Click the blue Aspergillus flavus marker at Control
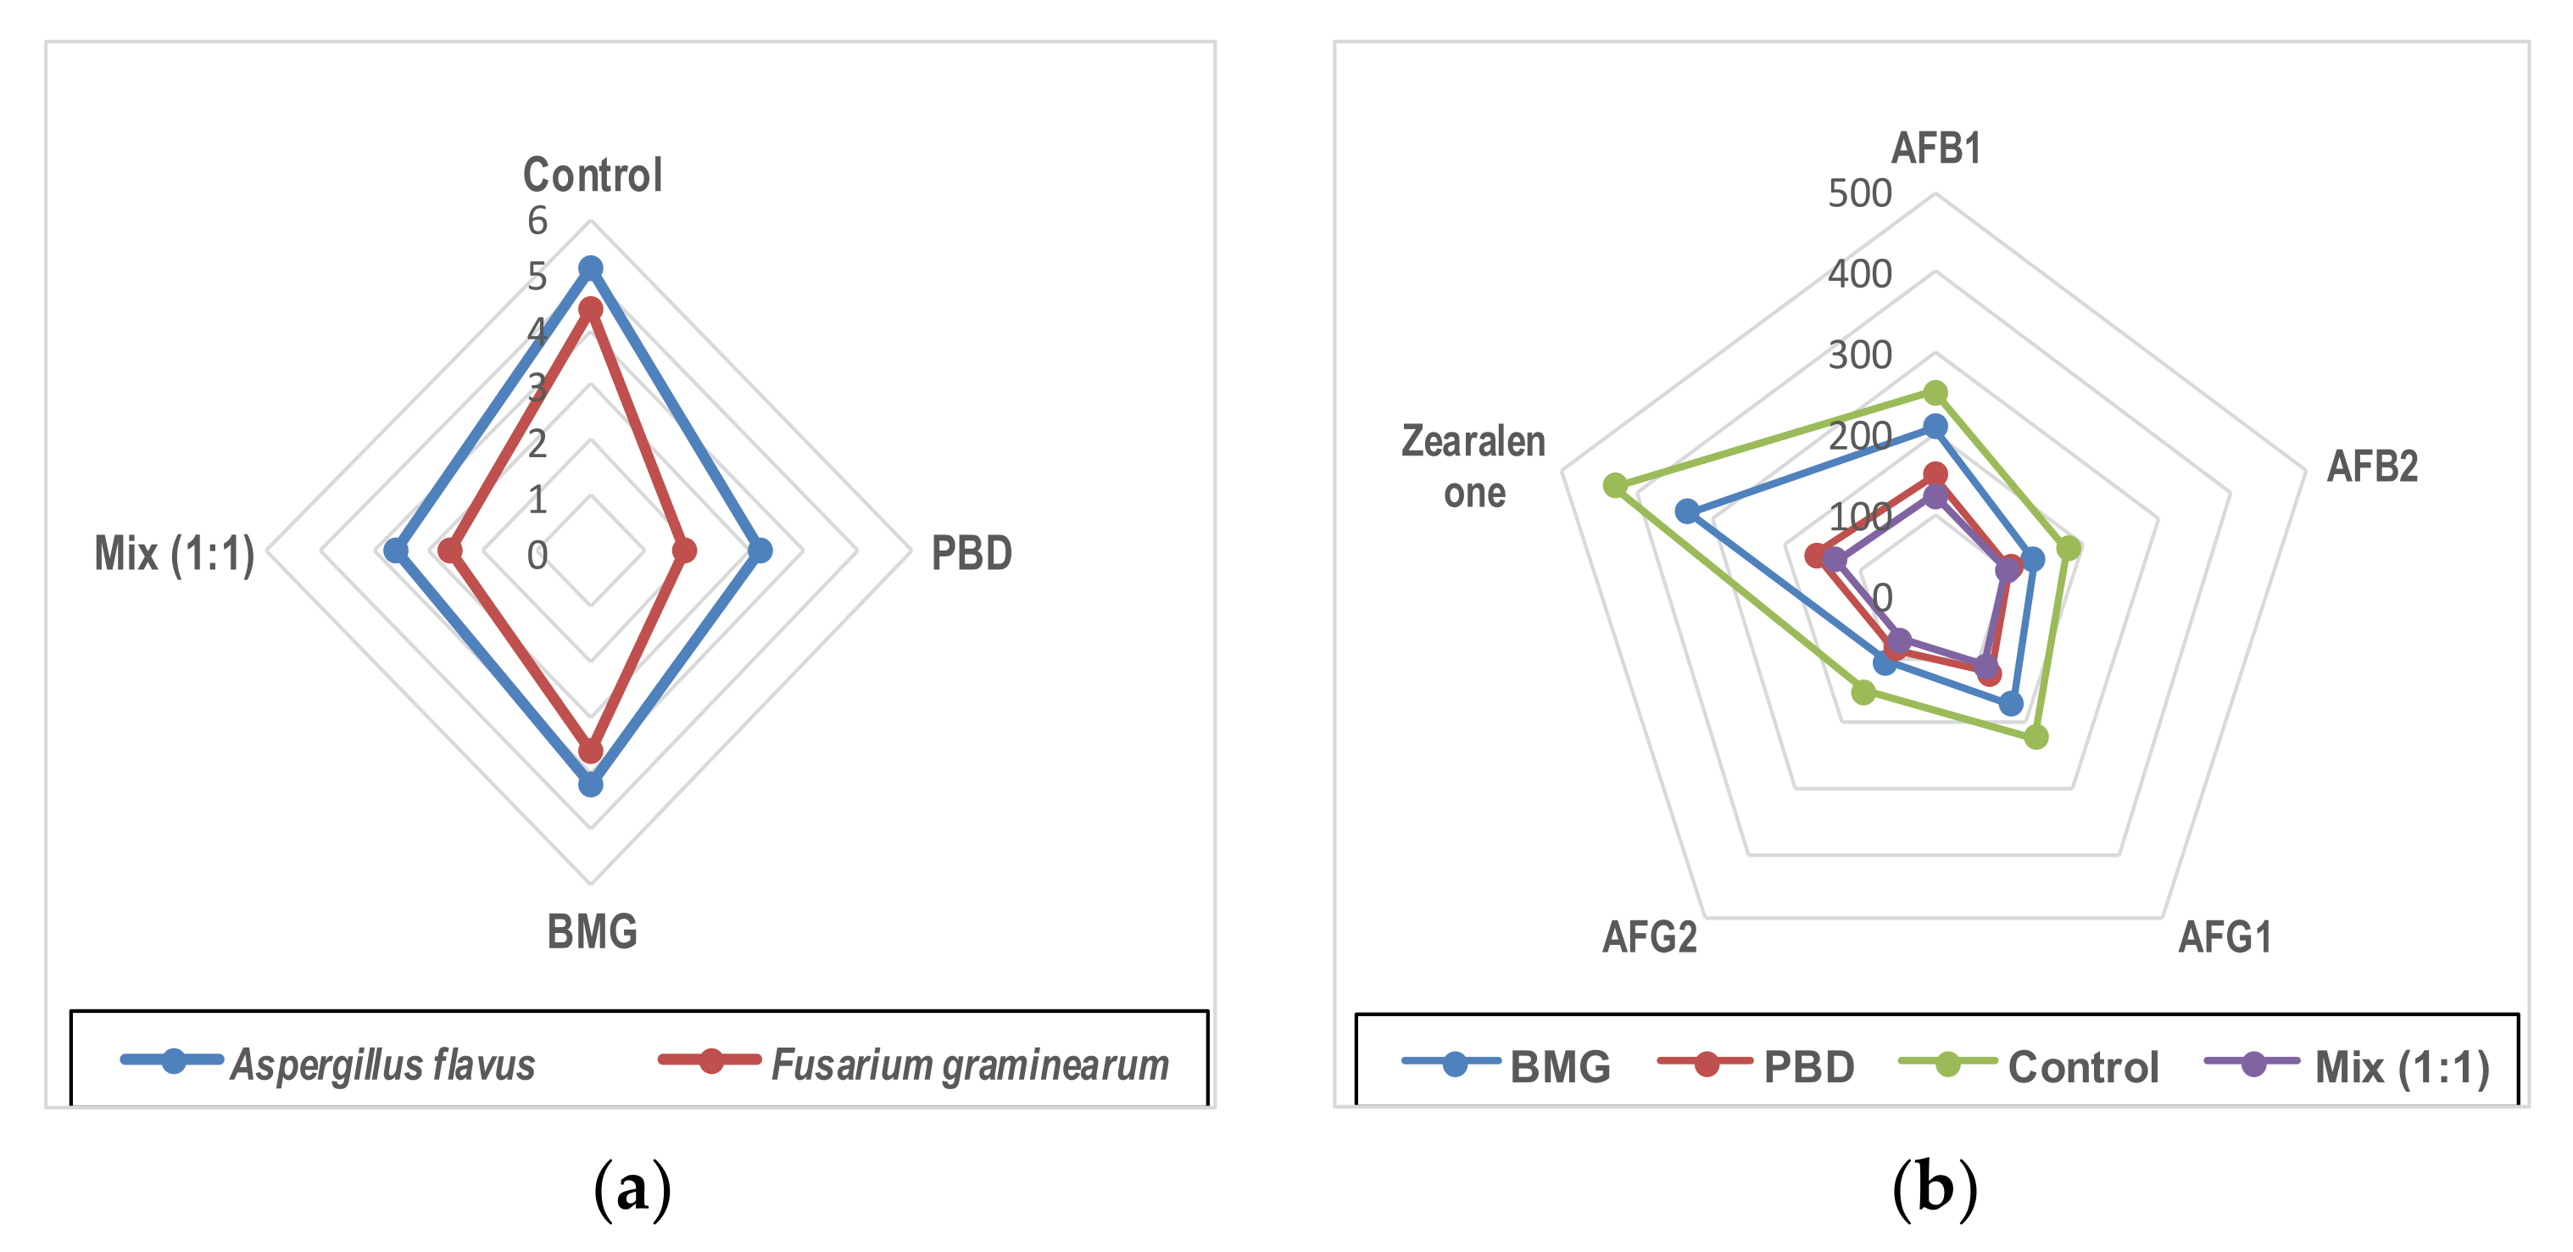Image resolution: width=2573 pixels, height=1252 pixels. [x=590, y=268]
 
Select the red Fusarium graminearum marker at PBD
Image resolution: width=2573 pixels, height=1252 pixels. [x=683, y=551]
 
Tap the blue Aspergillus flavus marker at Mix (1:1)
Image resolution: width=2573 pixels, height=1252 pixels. [x=397, y=551]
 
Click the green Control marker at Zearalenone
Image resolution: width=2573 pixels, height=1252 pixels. [x=1614, y=485]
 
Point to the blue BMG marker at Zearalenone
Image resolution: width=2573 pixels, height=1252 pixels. [x=1687, y=511]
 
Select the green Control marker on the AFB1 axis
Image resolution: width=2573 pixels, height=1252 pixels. [x=1935, y=393]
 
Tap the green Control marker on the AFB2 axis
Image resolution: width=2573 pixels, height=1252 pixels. [x=2069, y=549]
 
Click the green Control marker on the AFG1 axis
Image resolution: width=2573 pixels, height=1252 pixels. [x=2036, y=737]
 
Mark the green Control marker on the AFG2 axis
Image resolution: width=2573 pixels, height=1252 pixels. [x=1863, y=690]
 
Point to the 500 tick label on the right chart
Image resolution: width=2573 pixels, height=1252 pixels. [x=1859, y=193]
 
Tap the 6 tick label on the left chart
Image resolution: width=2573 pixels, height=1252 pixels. [x=537, y=221]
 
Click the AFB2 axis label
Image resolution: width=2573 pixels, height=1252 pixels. [x=2372, y=467]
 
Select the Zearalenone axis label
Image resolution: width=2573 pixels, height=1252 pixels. [x=1473, y=467]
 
